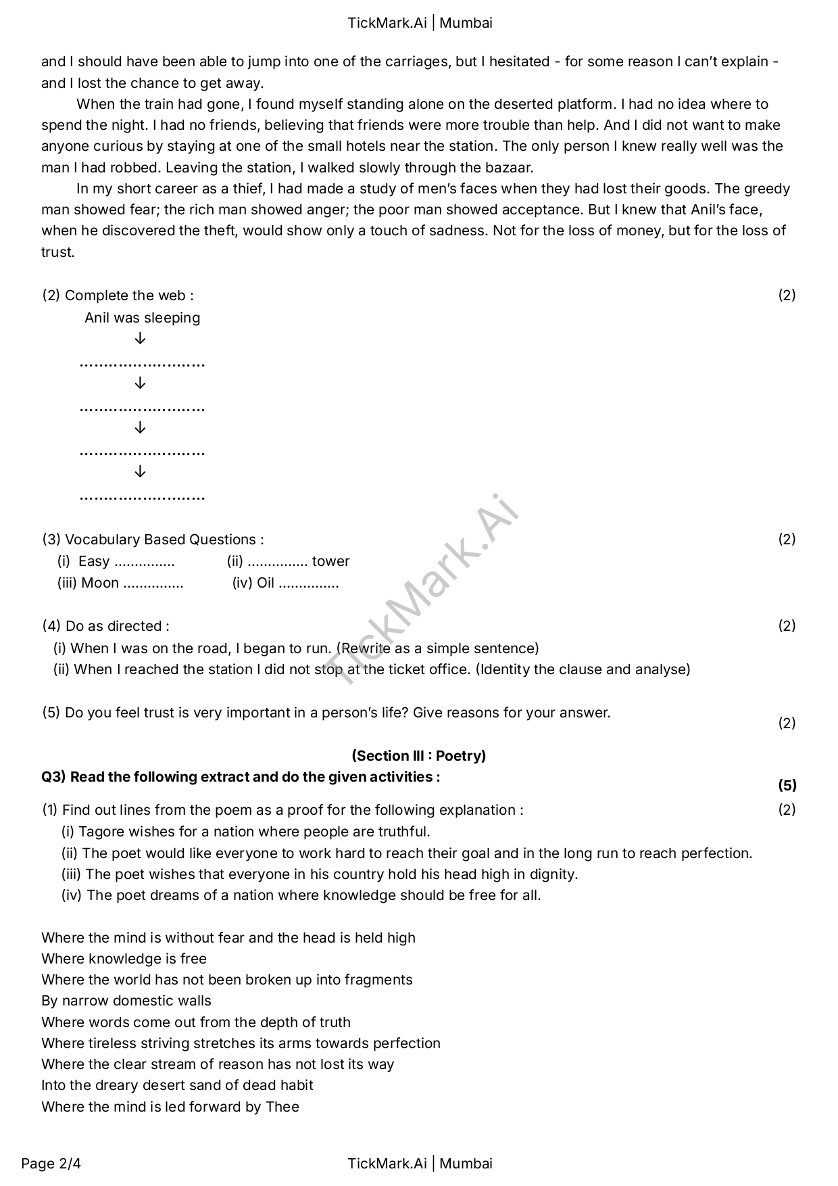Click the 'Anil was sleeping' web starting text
tap(142, 318)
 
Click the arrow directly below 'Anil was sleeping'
tap(140, 339)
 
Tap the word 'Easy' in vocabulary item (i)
tap(94, 561)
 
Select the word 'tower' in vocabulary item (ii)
tap(331, 561)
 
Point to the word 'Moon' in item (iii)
tap(100, 583)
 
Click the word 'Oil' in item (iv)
tap(266, 583)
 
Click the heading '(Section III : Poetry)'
tap(418, 756)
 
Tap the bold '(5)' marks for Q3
tap(787, 786)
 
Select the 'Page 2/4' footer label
tap(51, 1164)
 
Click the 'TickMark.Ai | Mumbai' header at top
tap(420, 23)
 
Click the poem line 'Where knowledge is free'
tap(124, 959)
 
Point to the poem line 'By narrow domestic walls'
tap(126, 1001)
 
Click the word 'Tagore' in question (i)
tap(101, 832)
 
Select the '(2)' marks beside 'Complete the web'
tap(787, 295)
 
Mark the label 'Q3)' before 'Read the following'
tap(53, 777)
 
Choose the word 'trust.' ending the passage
tap(58, 252)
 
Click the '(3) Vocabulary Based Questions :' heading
tap(153, 540)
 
